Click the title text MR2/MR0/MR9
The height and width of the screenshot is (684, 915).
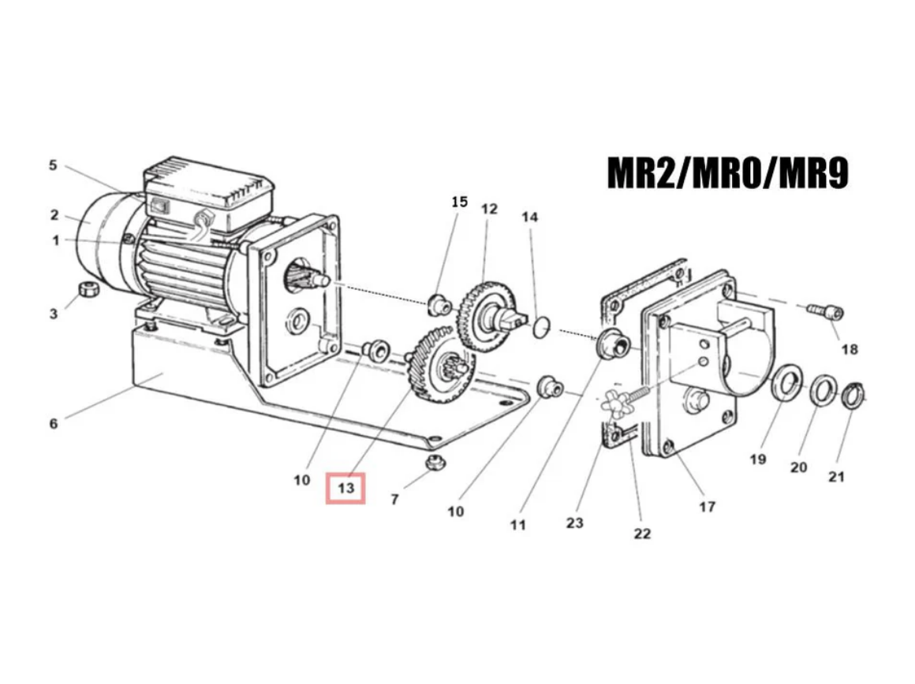click(x=727, y=174)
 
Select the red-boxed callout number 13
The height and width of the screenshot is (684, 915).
click(x=346, y=489)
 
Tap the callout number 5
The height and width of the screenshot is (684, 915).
click(x=53, y=165)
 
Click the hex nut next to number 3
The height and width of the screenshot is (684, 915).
click(x=89, y=288)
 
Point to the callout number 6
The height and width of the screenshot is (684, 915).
click(x=53, y=423)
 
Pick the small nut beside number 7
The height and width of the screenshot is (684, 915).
click(x=431, y=463)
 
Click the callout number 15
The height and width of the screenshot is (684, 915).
click(x=459, y=202)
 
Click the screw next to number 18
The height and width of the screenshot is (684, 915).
click(x=825, y=312)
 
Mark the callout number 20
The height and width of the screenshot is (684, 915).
click(x=798, y=467)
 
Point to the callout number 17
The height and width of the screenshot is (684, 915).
click(x=707, y=506)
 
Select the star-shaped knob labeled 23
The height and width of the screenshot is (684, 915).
click(x=615, y=404)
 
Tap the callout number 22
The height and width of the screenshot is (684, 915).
click(x=642, y=533)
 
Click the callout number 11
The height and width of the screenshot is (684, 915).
click(x=517, y=524)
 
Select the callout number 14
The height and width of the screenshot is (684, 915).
click(x=530, y=217)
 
